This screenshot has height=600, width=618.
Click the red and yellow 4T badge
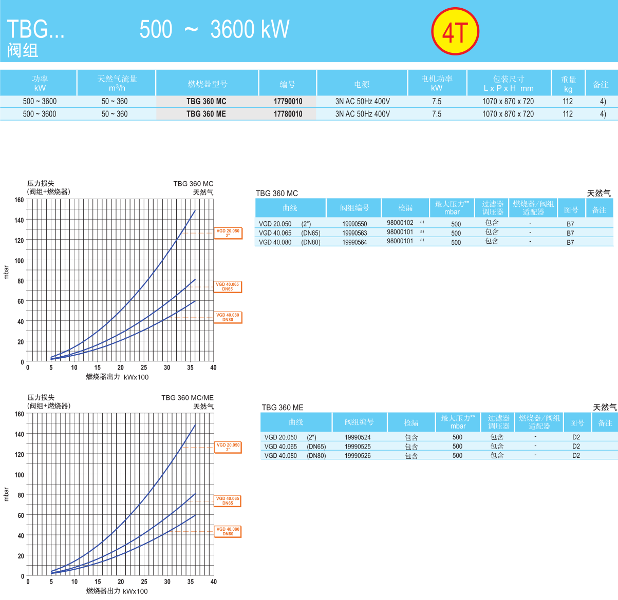[455, 32]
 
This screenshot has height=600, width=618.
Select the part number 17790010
[288, 102]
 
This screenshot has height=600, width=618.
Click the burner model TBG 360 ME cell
[206, 114]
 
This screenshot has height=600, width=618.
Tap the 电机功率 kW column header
[437, 83]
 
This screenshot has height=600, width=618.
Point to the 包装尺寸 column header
[509, 83]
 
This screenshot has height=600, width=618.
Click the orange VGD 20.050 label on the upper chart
[228, 233]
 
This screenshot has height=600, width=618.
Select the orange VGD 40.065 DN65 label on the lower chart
[228, 501]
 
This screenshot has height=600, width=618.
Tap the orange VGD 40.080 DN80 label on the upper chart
[228, 317]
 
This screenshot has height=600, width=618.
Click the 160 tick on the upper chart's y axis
[19, 200]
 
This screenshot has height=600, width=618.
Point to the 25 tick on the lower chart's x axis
[144, 582]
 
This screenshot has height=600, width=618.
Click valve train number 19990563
[354, 233]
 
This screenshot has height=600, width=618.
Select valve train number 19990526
[358, 456]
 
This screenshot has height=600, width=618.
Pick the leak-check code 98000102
[400, 223]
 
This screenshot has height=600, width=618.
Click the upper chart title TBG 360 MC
[193, 184]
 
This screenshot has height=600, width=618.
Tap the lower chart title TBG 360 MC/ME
[188, 398]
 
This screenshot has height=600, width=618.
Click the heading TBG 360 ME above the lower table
[283, 408]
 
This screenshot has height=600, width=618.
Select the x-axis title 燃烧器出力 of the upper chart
[103, 377]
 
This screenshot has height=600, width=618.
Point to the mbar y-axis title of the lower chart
[6, 494]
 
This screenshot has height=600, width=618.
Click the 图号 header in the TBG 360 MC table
[571, 209]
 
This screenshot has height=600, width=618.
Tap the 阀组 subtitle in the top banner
[23, 50]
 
